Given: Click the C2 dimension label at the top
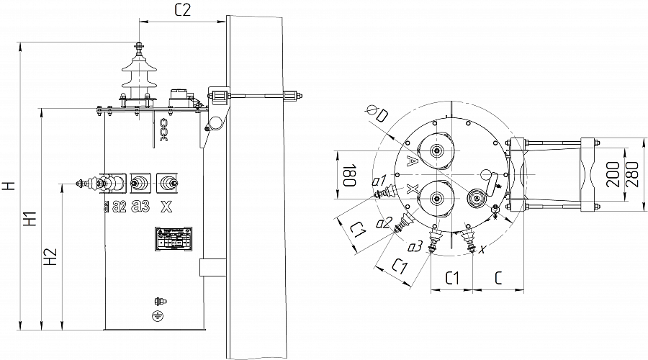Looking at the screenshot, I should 182,9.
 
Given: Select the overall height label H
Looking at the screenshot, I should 9,186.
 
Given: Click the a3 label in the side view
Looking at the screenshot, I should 142,207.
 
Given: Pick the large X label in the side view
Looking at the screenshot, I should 166,207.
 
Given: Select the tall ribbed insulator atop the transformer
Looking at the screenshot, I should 137,76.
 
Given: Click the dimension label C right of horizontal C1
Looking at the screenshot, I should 498,277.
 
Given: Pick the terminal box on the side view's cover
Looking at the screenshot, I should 179,96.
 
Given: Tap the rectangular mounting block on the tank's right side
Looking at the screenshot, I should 212,267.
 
